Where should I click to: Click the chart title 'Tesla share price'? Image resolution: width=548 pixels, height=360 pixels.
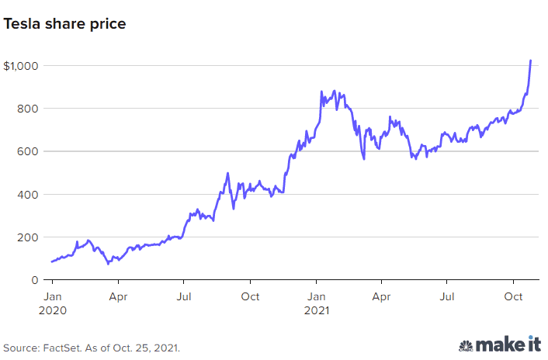pos(64,24)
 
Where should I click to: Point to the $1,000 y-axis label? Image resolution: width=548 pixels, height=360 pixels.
pos(21,66)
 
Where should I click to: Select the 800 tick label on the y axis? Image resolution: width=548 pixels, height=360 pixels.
pos(28,109)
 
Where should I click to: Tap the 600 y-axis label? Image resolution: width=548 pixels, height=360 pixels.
pos(28,151)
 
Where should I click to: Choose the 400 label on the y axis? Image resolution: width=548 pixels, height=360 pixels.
pos(28,195)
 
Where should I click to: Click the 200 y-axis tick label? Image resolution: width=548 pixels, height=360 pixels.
pos(28,237)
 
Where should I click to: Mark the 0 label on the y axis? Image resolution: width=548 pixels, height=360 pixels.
pos(35,280)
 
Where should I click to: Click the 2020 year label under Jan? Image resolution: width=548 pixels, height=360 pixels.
pos(53,310)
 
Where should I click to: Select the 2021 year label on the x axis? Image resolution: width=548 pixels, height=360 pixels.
pos(317,310)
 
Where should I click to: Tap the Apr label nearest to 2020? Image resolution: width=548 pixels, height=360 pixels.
pos(118,297)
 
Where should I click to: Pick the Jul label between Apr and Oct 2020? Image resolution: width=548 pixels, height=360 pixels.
pos(184,296)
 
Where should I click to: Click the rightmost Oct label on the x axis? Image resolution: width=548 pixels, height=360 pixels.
pos(513,296)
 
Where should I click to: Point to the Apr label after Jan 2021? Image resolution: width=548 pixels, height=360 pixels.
pos(381,297)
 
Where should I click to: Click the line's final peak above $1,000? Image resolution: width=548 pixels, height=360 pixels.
pos(530,61)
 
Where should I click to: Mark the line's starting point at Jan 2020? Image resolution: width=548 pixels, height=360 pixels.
pos(52,261)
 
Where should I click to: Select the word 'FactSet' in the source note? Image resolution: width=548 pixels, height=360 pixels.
pos(62,348)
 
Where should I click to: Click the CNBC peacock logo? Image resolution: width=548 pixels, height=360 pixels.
pos(466,346)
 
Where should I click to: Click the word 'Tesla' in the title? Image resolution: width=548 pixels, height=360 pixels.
pos(22,24)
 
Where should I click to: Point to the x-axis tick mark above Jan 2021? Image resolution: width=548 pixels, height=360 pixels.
pos(316,282)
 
